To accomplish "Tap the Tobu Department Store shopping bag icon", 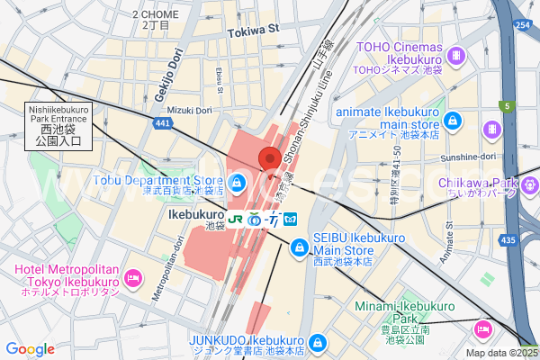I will point(237,184).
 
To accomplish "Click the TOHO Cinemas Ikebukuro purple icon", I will point(458,54).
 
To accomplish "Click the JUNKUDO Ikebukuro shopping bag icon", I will point(317,342).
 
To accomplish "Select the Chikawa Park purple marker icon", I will point(528,184).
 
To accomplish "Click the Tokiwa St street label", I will point(256,29).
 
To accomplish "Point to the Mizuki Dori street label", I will point(188,110).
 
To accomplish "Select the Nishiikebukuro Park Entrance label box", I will point(58,125).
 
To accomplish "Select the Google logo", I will point(31,348).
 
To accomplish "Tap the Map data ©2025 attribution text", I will point(500,353).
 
